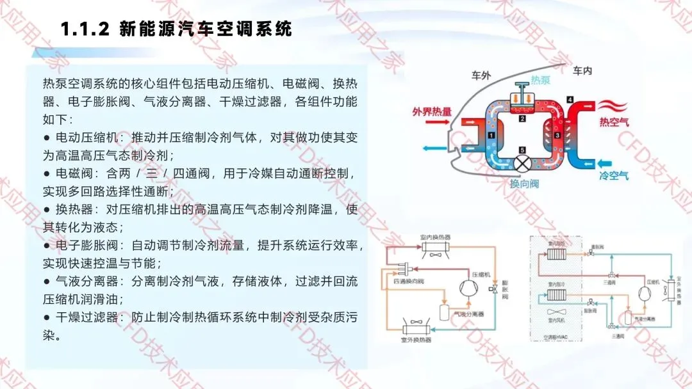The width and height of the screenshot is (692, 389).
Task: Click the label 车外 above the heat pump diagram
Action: pos(481,75)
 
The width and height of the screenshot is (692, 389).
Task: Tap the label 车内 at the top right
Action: pos(582,70)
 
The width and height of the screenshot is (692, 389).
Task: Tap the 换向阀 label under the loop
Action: pos(524,184)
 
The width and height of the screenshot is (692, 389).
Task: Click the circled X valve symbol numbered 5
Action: pos(523,163)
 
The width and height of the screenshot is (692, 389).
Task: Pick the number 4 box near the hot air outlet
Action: pos(570,99)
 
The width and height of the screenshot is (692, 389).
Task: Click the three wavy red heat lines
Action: pos(613,104)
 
